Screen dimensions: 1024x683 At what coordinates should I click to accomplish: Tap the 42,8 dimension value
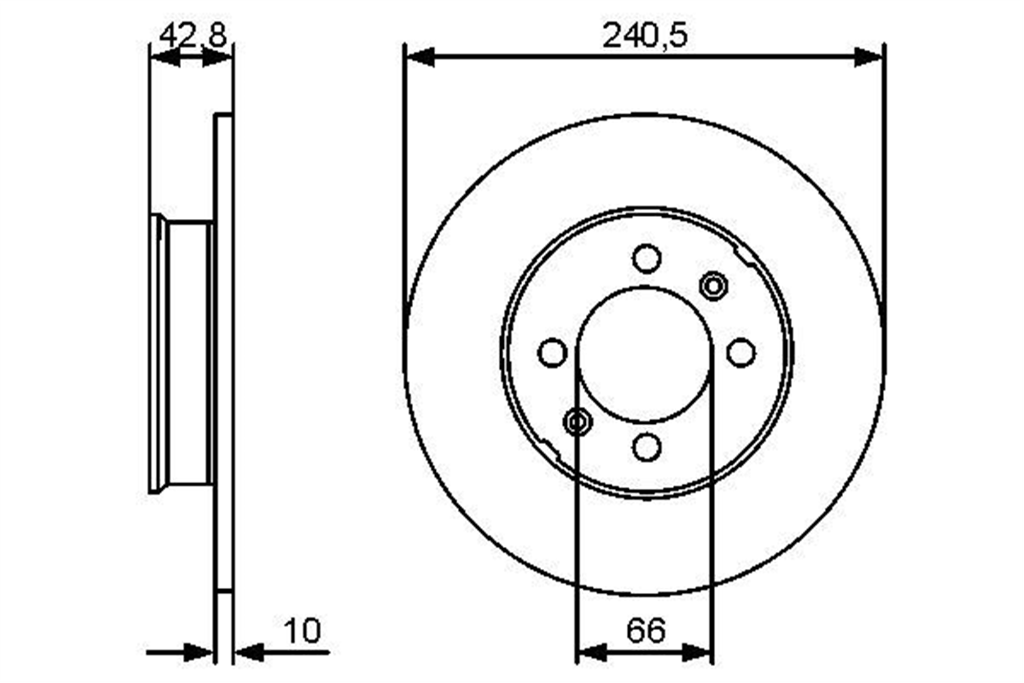click(193, 36)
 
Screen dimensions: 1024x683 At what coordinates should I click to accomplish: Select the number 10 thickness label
click(303, 631)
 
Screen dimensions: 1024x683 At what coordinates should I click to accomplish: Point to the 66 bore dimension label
click(646, 631)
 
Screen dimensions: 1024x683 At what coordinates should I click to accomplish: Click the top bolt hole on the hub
click(647, 258)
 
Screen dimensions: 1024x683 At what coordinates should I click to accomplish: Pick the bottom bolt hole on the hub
click(647, 447)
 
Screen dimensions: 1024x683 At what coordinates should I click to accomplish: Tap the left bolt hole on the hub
click(552, 353)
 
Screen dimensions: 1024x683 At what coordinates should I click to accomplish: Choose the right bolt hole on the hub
click(741, 353)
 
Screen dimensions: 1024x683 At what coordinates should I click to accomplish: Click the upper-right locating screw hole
click(713, 286)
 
